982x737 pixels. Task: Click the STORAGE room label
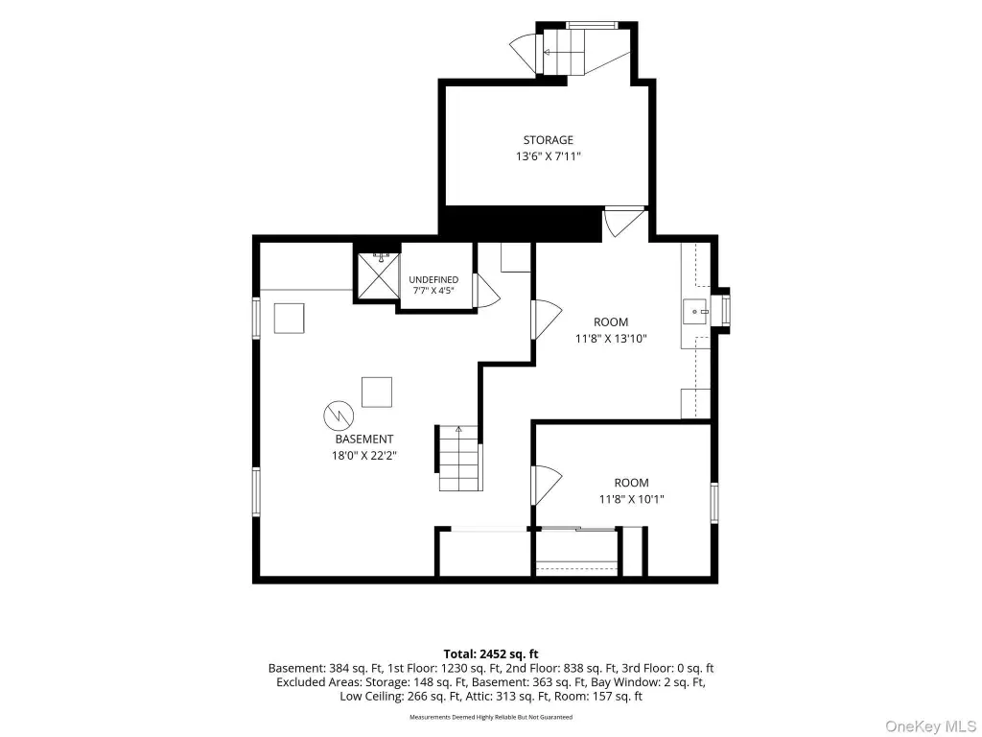click(548, 140)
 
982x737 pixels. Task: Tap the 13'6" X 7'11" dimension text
click(548, 156)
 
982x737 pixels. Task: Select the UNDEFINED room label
click(433, 279)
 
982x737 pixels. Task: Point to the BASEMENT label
click(363, 440)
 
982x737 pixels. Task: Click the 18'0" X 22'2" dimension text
click(363, 456)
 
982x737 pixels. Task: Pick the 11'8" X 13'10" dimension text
click(611, 339)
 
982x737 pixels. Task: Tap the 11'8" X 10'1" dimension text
click(631, 499)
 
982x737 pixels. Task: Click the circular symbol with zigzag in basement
click(339, 415)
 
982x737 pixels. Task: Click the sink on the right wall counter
click(695, 311)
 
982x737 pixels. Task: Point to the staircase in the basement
click(460, 459)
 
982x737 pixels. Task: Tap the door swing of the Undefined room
click(487, 291)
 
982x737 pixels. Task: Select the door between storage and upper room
click(623, 223)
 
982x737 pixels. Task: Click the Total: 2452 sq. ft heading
click(491, 654)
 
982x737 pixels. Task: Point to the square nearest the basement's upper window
click(290, 319)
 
